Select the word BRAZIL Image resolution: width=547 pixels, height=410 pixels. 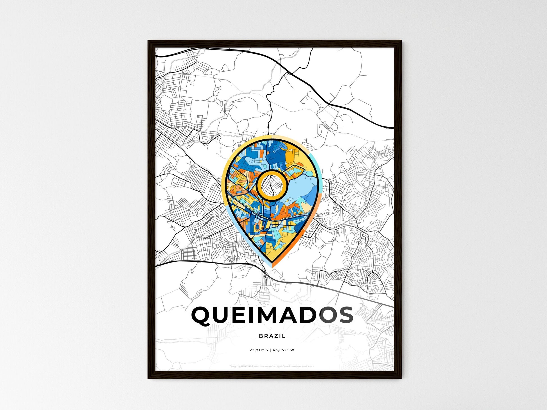tap(272, 336)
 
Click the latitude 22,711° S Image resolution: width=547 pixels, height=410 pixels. tap(259, 350)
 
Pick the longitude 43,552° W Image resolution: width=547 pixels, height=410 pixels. tap(284, 350)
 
